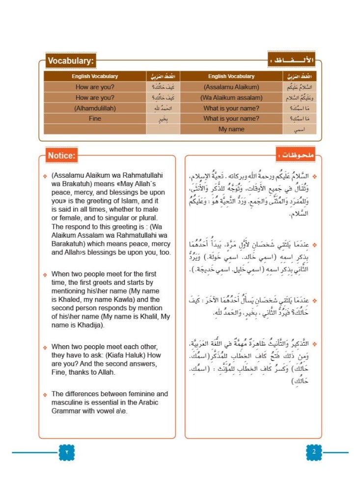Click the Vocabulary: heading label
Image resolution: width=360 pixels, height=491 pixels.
click(71, 61)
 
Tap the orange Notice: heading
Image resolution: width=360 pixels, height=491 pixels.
click(61, 156)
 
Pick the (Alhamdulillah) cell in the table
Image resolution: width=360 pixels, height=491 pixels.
click(95, 108)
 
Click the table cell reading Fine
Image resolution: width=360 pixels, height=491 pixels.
click(95, 118)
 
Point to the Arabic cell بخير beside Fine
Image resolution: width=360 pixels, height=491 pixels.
click(163, 119)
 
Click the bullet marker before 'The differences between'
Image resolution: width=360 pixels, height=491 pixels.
click(45, 394)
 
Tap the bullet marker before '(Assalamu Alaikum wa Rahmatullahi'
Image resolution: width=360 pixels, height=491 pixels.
click(45, 176)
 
